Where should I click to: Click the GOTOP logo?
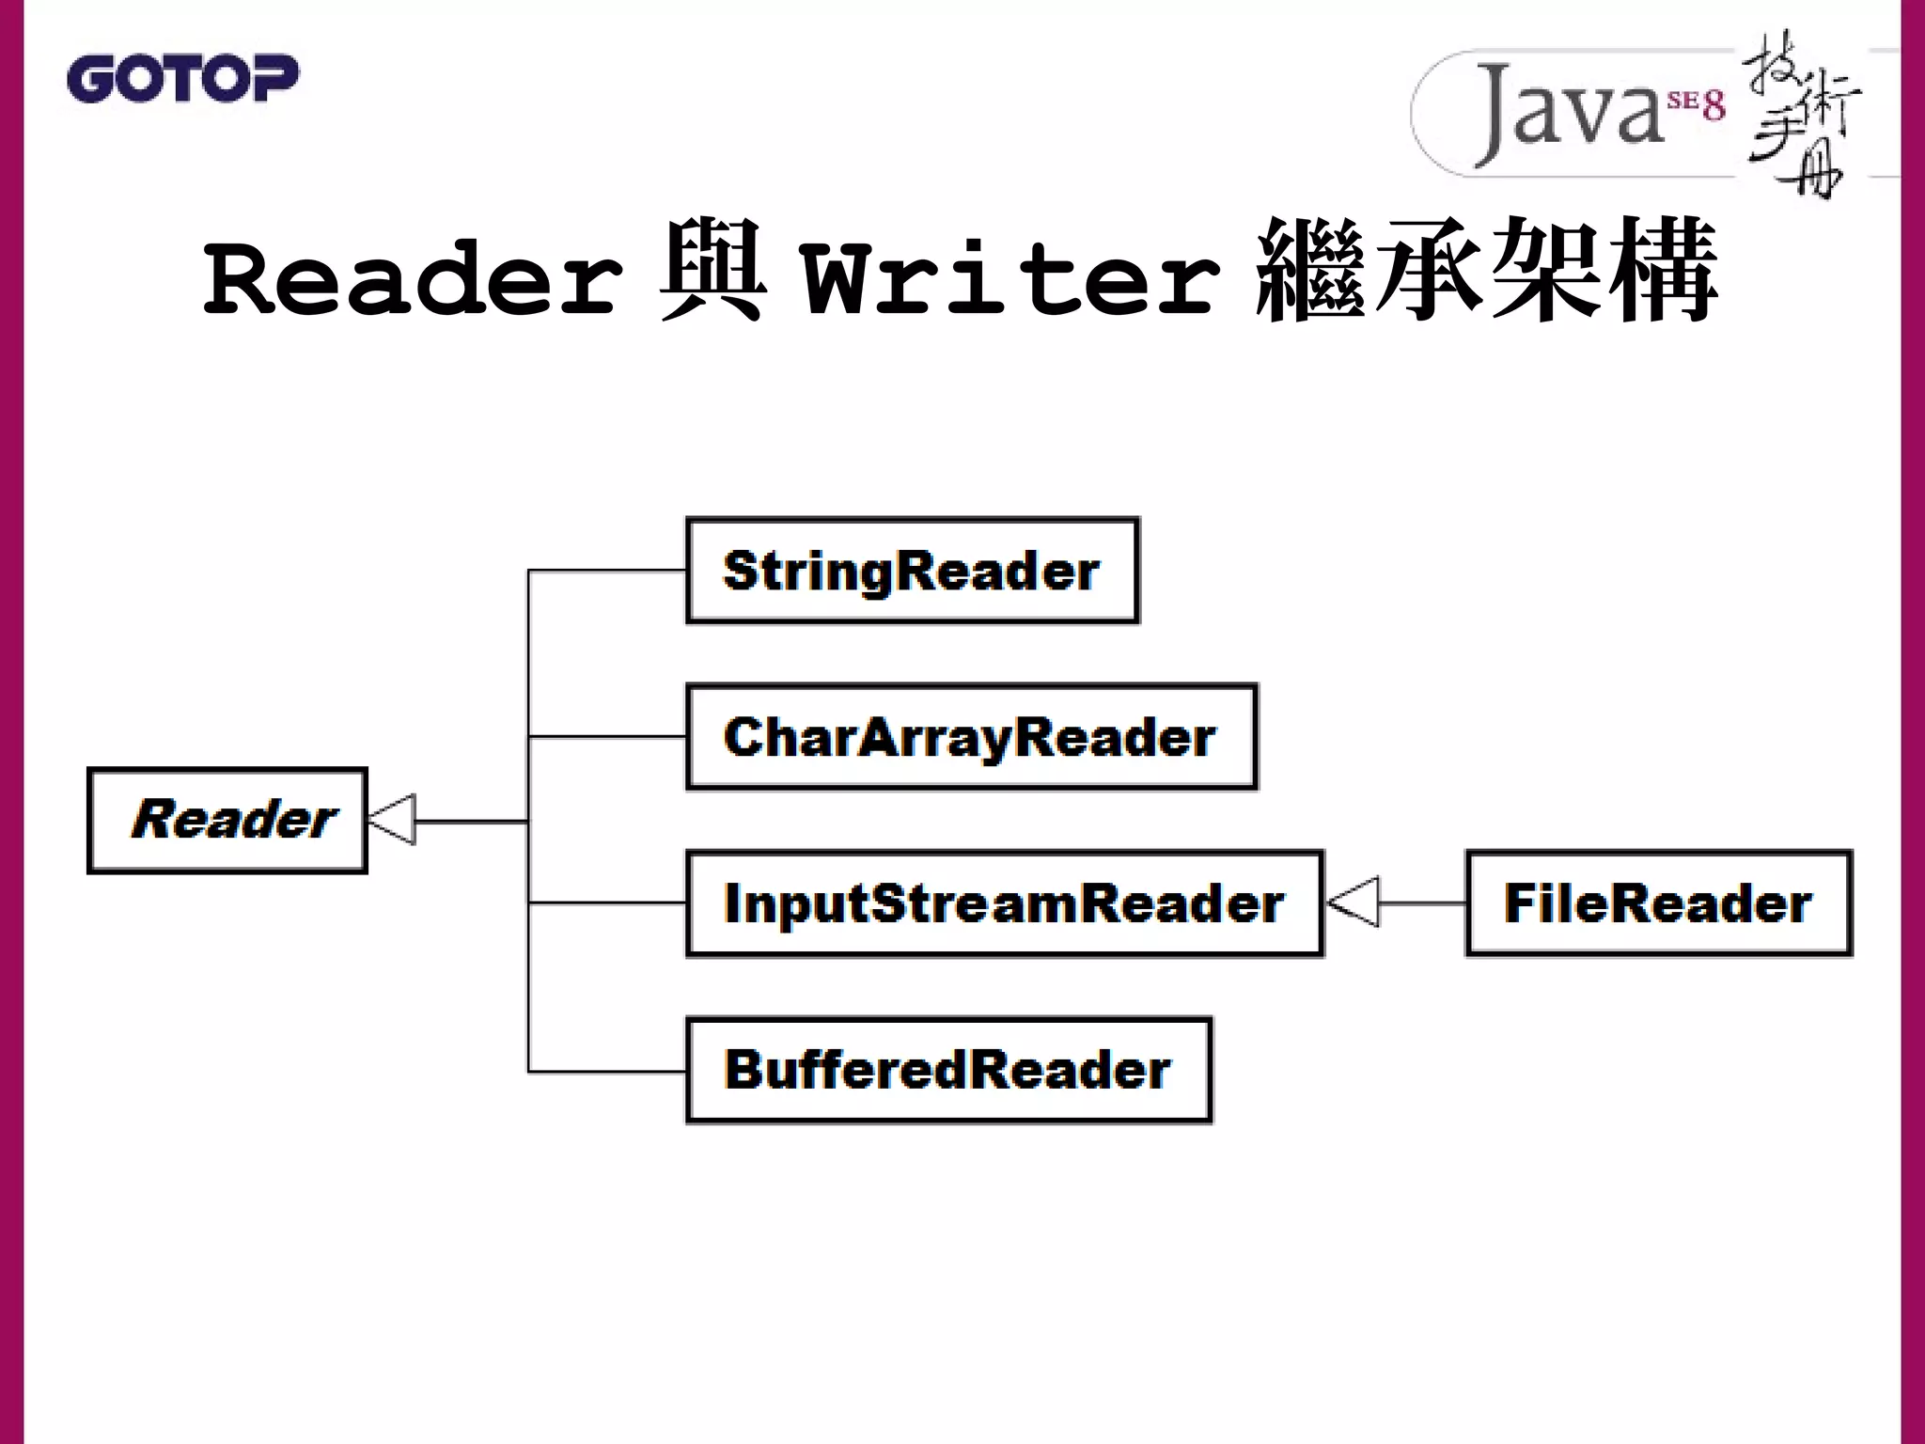pos(182,78)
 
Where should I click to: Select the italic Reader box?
pos(227,821)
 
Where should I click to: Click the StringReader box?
pos(912,571)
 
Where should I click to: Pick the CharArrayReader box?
pos(971,737)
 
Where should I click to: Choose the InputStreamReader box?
pos(1004,903)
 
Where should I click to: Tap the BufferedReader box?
pos(948,1070)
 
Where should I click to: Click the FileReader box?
pos(1658,903)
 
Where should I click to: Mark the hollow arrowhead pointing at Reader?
pos(392,821)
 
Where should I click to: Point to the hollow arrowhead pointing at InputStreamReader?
pos(1354,902)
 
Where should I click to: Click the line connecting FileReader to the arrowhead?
pos(1421,903)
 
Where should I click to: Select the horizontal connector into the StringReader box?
pos(607,570)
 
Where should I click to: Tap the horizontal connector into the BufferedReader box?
pos(607,1071)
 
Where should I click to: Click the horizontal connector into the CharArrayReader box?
pos(607,736)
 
